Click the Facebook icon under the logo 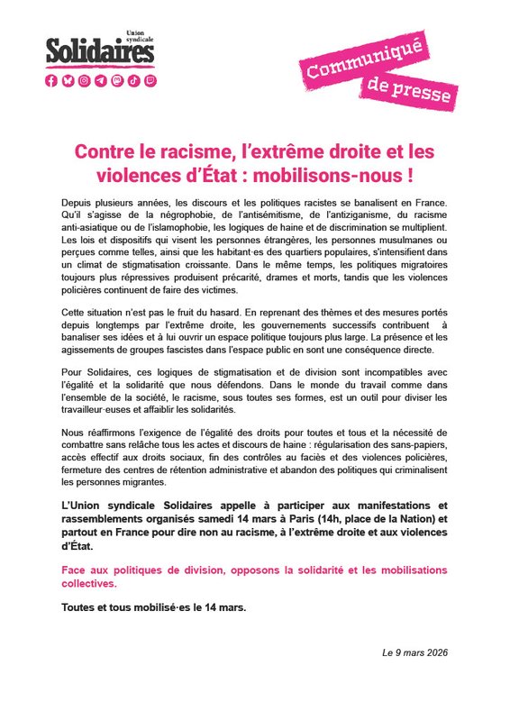click(51, 80)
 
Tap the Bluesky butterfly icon click(68, 80)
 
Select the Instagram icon click(84, 80)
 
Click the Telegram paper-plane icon click(100, 80)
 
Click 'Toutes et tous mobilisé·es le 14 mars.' click(153, 606)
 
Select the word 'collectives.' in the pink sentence click(95, 584)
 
